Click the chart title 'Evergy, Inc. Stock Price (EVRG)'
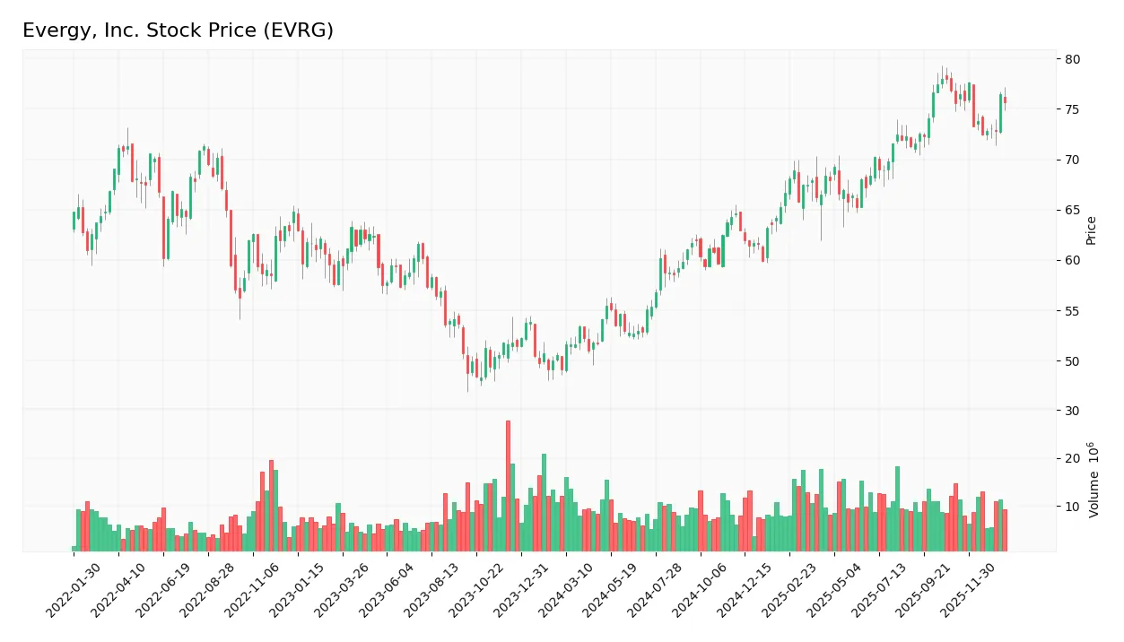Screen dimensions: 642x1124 coord(178,30)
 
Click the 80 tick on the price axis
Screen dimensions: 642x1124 coord(1073,59)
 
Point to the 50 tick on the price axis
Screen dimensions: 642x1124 coord(1073,361)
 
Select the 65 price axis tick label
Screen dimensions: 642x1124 coord(1073,211)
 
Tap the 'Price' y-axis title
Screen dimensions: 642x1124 coord(1092,230)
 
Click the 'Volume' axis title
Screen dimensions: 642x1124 coord(1094,480)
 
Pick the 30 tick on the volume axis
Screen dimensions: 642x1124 coord(1073,411)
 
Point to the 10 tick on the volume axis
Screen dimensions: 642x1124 coord(1073,507)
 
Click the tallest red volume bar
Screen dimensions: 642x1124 coord(508,486)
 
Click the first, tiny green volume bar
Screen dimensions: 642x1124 coord(74,548)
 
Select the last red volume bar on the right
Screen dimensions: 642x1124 coord(1005,530)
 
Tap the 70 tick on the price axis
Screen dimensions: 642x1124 coord(1073,160)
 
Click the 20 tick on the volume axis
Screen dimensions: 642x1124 coord(1073,458)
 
